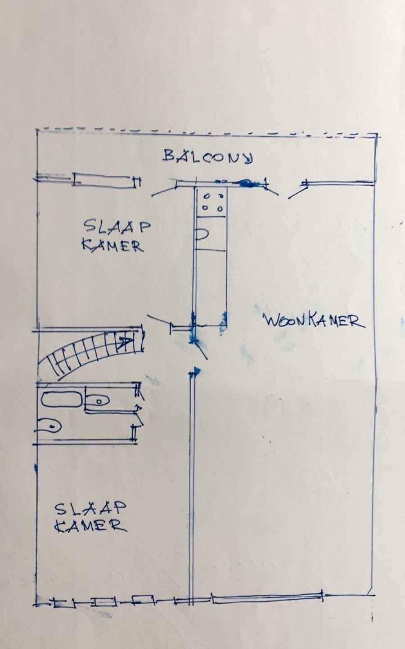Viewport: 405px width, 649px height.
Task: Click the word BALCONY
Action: tap(208, 156)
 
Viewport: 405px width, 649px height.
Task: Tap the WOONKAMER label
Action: tap(314, 321)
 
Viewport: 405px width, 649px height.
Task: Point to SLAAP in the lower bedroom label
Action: tap(90, 509)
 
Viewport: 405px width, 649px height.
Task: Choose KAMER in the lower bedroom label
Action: tap(90, 526)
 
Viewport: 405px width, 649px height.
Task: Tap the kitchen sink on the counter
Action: tap(201, 235)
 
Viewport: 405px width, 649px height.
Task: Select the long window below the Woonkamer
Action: tap(267, 598)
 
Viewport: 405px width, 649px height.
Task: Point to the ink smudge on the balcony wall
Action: tap(245, 183)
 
